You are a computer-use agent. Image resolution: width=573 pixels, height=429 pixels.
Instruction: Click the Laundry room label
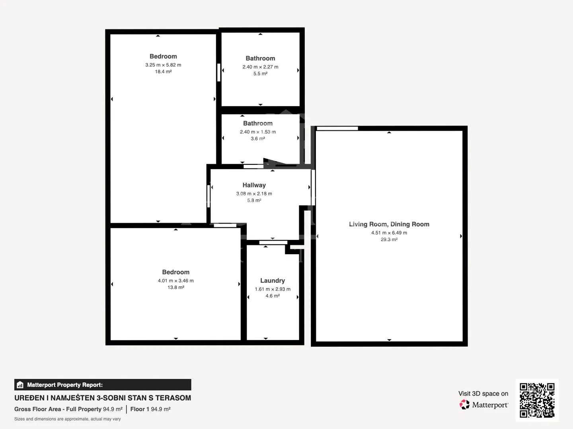coord(272,280)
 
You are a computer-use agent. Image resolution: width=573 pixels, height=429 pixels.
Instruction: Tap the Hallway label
coord(254,185)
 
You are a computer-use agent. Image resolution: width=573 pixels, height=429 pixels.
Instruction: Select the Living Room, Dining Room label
coord(389,224)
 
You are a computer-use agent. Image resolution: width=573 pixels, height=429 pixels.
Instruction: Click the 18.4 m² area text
coord(163,71)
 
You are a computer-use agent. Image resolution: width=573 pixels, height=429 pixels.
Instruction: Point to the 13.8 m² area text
coord(176,287)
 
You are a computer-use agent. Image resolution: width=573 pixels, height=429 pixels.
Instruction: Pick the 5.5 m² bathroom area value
coord(260,74)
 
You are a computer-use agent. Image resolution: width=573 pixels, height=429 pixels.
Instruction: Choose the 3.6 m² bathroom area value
coord(258,139)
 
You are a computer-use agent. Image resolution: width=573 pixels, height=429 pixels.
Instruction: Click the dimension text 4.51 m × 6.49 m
coord(389,233)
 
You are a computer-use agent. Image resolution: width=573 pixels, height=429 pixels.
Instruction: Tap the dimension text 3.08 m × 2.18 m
coord(254,194)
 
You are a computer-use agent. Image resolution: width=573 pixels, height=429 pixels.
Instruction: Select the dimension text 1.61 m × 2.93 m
coord(273,289)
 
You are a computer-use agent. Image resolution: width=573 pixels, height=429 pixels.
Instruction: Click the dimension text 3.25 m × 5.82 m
coord(163,65)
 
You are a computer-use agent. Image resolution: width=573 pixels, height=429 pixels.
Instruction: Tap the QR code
coord(537,400)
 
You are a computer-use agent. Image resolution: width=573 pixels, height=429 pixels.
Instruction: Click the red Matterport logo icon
coord(464,404)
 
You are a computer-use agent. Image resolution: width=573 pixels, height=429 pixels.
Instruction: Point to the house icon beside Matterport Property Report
coord(20,385)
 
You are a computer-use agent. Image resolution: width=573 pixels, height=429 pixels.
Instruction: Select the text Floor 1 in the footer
coord(140,409)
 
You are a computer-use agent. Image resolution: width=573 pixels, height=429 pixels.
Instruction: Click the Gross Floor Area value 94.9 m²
coord(113,409)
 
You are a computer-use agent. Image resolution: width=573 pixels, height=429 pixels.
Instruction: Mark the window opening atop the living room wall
coord(337,128)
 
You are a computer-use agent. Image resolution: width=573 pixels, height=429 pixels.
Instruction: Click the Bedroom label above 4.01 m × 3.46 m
coord(176,272)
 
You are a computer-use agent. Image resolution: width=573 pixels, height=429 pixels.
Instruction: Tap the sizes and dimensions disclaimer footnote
coord(67,419)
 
